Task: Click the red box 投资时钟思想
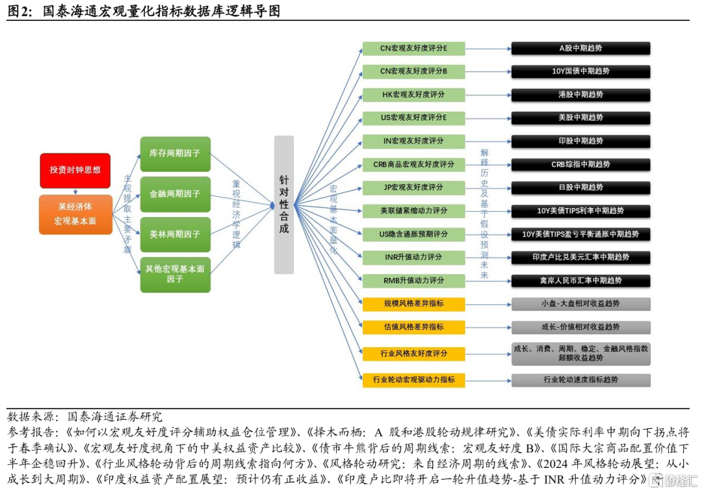(x=75, y=170)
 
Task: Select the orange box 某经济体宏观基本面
(x=75, y=214)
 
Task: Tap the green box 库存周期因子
(x=175, y=154)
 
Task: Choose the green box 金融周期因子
(x=175, y=194)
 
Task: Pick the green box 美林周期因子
(x=175, y=234)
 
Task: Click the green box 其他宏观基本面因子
(x=175, y=274)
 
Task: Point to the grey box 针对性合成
(x=283, y=205)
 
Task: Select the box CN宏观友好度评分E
(x=413, y=48)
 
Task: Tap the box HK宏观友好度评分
(x=413, y=95)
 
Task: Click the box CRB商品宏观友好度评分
(x=413, y=164)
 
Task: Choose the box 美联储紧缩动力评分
(x=413, y=211)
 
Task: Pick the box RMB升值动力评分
(x=413, y=281)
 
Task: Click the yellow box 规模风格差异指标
(x=413, y=304)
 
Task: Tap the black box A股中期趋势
(x=580, y=48)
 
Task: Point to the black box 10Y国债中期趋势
(x=580, y=71)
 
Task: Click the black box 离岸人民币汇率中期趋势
(x=580, y=281)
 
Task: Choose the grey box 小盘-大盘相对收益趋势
(x=580, y=304)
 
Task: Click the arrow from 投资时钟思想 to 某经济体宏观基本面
(x=75, y=192)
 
